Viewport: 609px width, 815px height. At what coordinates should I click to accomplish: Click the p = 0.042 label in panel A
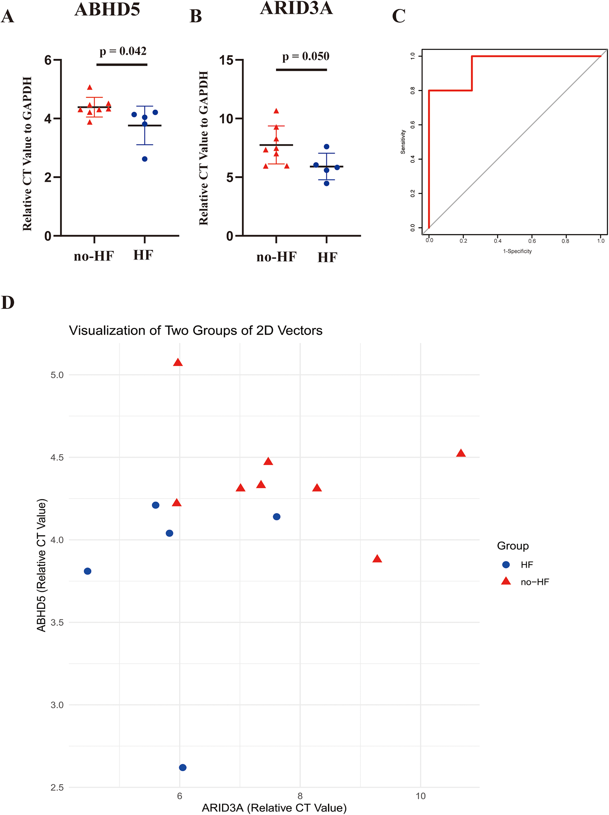(123, 52)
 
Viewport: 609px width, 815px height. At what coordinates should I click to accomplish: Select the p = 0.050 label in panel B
(305, 56)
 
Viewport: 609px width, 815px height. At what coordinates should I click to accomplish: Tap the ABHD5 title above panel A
(107, 9)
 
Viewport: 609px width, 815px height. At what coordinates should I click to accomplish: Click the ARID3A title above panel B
(296, 8)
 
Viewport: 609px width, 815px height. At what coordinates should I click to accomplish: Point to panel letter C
(398, 17)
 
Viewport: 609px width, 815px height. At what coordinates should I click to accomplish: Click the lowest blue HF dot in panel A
(145, 159)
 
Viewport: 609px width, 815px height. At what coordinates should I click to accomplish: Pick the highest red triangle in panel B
(276, 111)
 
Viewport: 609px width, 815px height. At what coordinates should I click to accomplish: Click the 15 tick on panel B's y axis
(227, 60)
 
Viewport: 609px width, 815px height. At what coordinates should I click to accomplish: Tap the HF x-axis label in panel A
(143, 255)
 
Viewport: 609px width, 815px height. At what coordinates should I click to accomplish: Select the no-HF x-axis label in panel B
(276, 257)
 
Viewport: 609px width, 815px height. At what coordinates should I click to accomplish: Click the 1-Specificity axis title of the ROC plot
(517, 251)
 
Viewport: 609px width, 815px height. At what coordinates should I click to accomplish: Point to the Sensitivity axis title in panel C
(403, 142)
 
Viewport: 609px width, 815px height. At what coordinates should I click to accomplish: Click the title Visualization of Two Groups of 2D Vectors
(195, 330)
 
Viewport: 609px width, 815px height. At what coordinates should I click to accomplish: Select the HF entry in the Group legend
(526, 565)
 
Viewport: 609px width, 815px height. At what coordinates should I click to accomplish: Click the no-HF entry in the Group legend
(534, 582)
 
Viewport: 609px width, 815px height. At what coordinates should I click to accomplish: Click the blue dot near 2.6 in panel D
(183, 768)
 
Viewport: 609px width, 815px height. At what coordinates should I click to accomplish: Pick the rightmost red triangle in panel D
(460, 453)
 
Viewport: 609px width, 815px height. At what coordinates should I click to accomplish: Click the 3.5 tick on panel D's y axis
(57, 623)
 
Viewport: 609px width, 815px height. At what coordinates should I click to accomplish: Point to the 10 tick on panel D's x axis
(421, 796)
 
